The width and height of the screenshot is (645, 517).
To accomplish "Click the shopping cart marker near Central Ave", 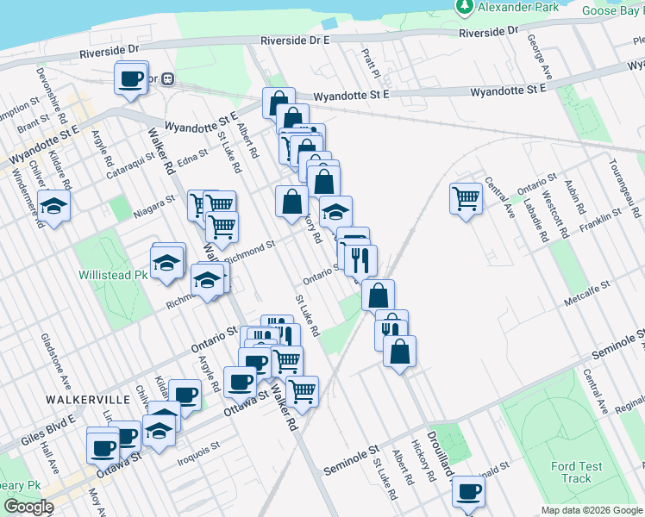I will [466, 199].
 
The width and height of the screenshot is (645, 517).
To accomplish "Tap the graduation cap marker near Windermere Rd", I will [53, 207].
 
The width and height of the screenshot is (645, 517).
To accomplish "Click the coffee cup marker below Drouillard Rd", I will [469, 491].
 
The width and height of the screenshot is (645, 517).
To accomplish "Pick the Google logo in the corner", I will [28, 507].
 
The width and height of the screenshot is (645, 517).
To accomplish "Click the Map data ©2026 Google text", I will [592, 510].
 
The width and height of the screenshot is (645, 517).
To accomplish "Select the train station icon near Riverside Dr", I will [169, 78].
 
